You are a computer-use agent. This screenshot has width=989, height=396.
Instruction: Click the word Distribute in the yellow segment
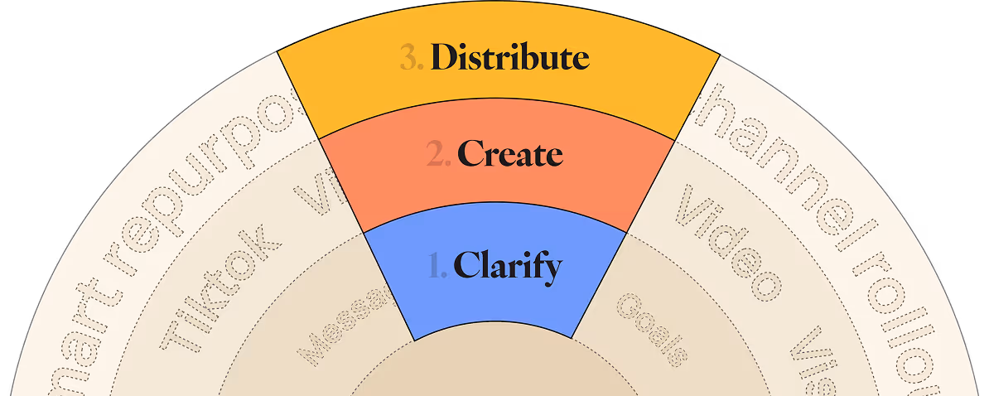pyautogui.click(x=509, y=58)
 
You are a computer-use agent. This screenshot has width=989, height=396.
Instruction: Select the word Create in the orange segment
pyautogui.click(x=509, y=154)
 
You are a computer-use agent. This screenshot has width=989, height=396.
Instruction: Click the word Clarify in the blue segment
pyautogui.click(x=508, y=267)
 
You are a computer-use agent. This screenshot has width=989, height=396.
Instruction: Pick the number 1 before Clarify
pyautogui.click(x=437, y=267)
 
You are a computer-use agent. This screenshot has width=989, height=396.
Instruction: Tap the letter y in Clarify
pyautogui.click(x=553, y=269)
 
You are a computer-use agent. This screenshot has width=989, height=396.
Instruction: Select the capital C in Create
pyautogui.click(x=470, y=154)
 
